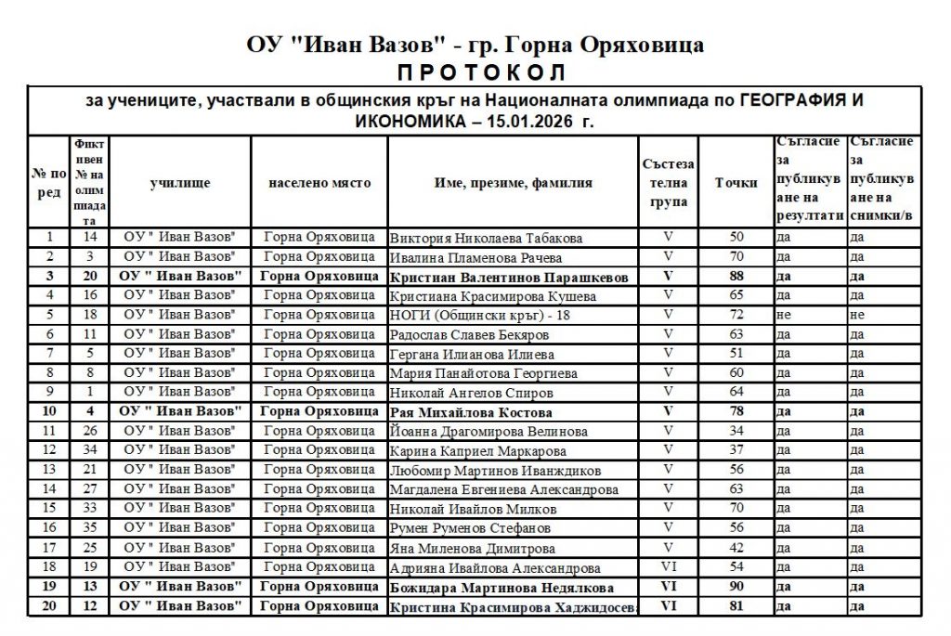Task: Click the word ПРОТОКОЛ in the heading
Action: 476,72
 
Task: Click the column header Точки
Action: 736,183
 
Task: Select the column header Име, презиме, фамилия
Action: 513,183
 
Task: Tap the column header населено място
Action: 319,183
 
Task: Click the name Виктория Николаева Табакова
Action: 487,238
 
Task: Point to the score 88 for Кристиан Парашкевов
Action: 737,277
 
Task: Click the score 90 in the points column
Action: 737,587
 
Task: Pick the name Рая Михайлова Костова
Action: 471,412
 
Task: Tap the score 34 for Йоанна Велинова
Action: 737,432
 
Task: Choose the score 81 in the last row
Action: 737,606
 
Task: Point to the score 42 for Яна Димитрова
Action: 737,548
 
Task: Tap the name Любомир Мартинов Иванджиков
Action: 495,471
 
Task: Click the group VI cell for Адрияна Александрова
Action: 668,567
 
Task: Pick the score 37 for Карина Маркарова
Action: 737,451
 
